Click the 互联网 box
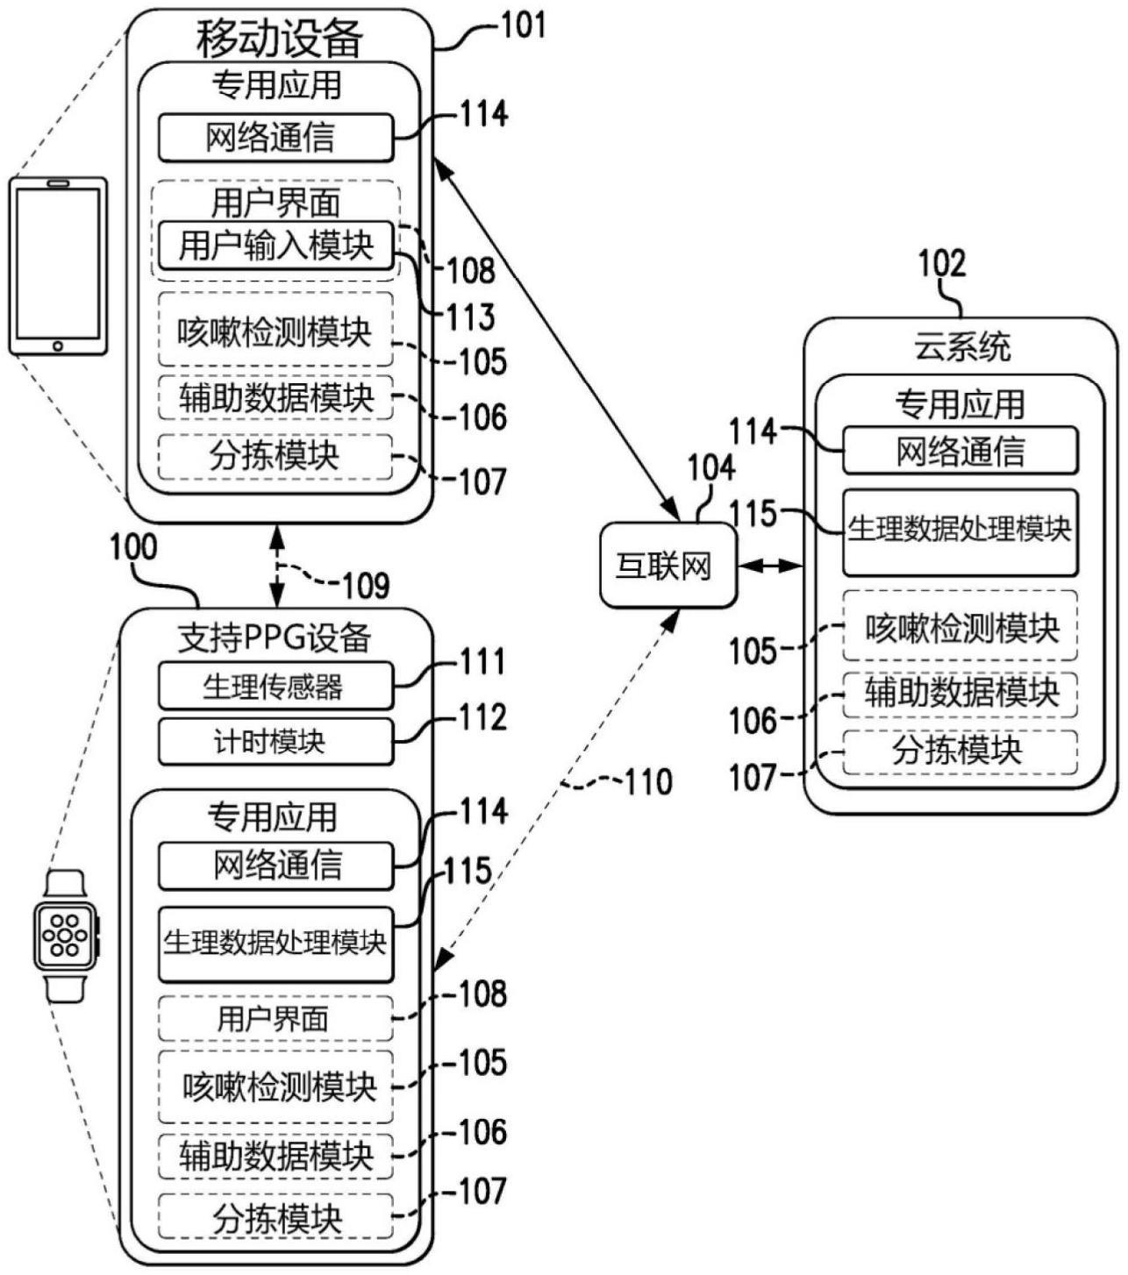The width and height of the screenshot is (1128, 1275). [x=668, y=566]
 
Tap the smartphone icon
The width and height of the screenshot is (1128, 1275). [x=58, y=267]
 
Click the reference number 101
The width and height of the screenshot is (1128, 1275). [x=523, y=25]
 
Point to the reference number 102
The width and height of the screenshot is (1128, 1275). [x=941, y=264]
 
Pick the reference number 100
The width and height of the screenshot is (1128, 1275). [x=132, y=547]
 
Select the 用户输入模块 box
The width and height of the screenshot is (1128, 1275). [x=275, y=246]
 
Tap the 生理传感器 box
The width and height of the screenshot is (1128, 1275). [x=275, y=686]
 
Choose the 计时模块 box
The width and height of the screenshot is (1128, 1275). [x=275, y=742]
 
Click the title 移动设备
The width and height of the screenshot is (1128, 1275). [x=279, y=39]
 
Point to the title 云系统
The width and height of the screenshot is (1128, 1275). [x=961, y=347]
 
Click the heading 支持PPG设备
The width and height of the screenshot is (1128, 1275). [x=274, y=637]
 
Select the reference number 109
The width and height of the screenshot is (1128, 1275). [x=366, y=585]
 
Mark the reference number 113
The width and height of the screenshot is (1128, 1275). [x=471, y=317]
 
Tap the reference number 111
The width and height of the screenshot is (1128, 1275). [x=483, y=662]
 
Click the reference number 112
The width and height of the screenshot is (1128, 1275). [x=483, y=718]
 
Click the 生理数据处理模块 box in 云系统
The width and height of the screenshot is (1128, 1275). [x=960, y=531]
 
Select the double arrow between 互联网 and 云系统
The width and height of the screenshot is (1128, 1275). [x=770, y=566]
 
